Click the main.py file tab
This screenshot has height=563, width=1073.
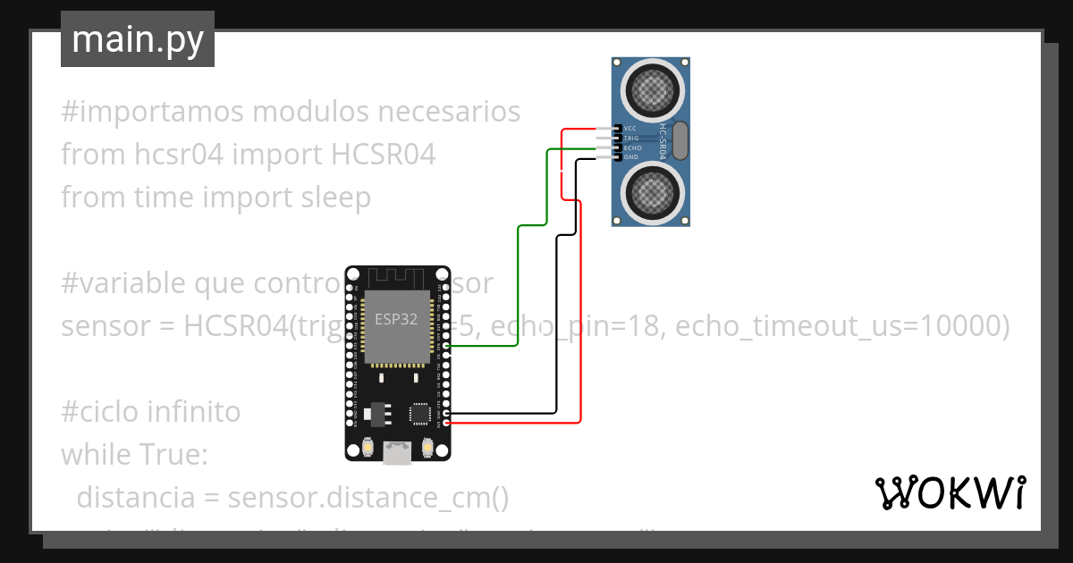click(137, 40)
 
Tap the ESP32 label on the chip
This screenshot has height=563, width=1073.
click(395, 319)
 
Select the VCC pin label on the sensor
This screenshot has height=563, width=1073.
click(630, 129)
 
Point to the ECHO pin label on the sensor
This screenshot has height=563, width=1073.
click(632, 147)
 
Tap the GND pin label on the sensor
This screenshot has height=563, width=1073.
click(630, 157)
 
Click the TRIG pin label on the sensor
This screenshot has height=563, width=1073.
click(631, 139)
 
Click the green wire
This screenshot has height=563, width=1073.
click(519, 286)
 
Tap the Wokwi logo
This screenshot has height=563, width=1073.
click(950, 492)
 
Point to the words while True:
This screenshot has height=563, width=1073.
click(134, 454)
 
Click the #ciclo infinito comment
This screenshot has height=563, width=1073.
click(151, 412)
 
